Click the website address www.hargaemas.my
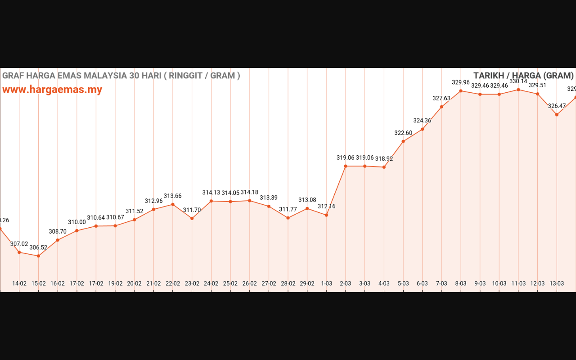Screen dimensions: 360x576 click(52, 90)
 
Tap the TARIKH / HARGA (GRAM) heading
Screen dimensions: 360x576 click(523, 76)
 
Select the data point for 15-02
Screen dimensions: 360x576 click(38, 256)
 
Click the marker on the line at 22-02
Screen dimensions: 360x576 click(173, 204)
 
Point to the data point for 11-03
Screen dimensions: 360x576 click(518, 90)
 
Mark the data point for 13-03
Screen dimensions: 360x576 click(557, 115)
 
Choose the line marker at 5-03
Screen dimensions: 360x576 click(403, 141)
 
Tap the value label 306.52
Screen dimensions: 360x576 click(38, 247)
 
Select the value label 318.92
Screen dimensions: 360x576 click(384, 159)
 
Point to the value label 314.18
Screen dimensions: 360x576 click(249, 193)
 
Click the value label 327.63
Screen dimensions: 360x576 click(441, 99)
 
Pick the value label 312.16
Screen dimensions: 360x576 click(326, 207)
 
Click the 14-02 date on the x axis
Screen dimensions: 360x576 click(19, 283)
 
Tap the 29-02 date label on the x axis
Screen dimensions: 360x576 click(307, 283)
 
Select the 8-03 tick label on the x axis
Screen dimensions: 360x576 click(461, 283)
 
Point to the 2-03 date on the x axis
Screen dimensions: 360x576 click(346, 283)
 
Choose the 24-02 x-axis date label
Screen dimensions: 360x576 click(211, 283)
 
